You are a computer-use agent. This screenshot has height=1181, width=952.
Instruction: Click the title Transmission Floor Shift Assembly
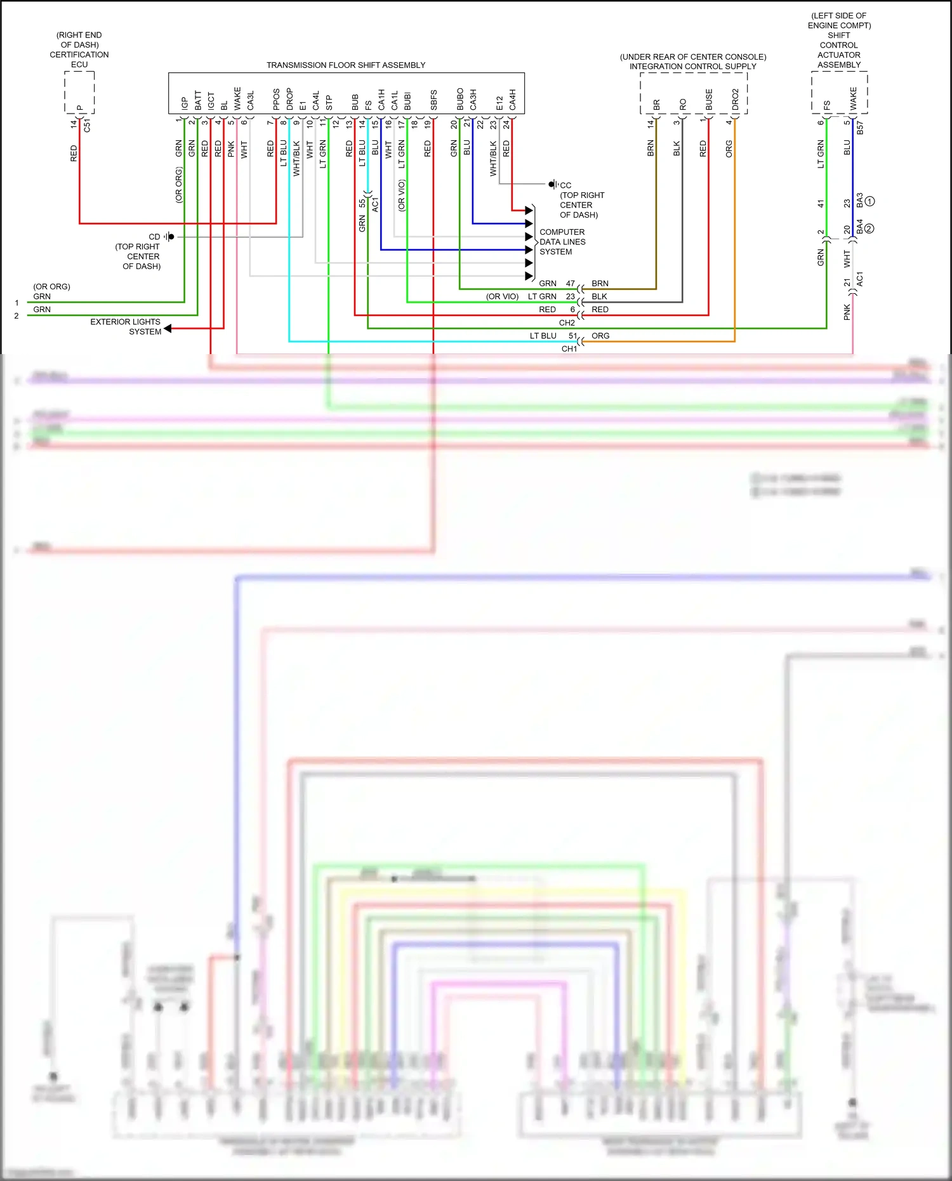pos(346,65)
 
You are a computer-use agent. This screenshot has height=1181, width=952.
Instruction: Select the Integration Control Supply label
pos(693,67)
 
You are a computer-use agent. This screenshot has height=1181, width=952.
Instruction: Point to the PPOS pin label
pos(276,99)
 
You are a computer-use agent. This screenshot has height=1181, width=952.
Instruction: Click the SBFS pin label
pos(433,100)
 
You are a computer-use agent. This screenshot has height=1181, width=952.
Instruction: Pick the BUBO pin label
pos(460,99)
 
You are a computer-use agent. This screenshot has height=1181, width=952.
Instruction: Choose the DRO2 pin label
pos(735,100)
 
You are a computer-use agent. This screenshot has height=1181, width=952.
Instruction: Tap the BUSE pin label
pos(709,100)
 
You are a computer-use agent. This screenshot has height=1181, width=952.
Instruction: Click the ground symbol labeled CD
pos(169,237)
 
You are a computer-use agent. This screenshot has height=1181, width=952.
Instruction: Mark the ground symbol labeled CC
pos(553,185)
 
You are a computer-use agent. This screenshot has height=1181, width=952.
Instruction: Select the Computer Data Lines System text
pos(562,242)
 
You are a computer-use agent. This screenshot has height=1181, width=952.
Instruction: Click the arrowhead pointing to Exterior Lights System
pos(168,328)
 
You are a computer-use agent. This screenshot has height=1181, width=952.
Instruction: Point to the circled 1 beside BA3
pos(870,201)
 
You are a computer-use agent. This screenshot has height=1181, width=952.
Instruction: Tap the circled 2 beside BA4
pos(869,228)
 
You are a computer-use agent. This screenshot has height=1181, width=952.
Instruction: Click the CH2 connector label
pos(567,323)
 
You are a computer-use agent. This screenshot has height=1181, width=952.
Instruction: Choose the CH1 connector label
pos(569,349)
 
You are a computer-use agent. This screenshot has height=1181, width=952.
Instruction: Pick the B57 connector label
pos(860,128)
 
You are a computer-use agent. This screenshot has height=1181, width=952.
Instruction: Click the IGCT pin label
pos(211,101)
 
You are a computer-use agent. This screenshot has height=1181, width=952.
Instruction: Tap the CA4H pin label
pos(512,99)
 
